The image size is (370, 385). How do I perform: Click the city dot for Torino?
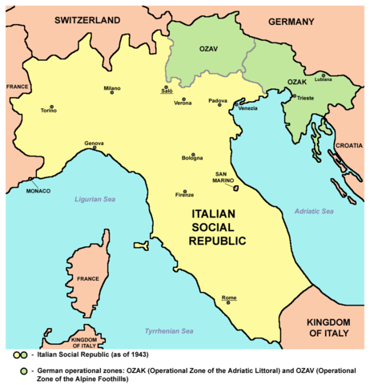(x=51, y=106)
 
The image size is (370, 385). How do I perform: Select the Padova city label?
(x=218, y=100)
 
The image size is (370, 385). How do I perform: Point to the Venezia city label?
(x=247, y=108)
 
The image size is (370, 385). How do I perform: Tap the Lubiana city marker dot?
(x=324, y=75)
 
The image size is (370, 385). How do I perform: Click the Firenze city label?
(x=185, y=195)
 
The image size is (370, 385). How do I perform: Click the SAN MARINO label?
(x=224, y=177)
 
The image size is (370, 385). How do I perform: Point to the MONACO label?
(x=38, y=190)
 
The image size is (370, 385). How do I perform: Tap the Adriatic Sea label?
(x=314, y=212)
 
